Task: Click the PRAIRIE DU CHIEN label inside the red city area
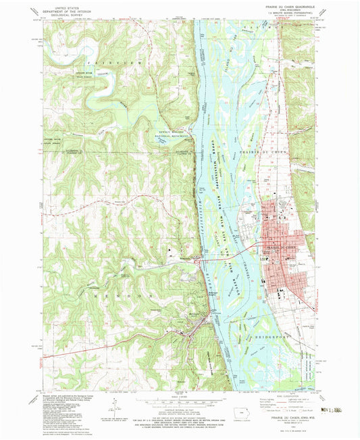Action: click(278, 248)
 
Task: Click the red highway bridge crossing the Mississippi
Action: click(220, 259)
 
